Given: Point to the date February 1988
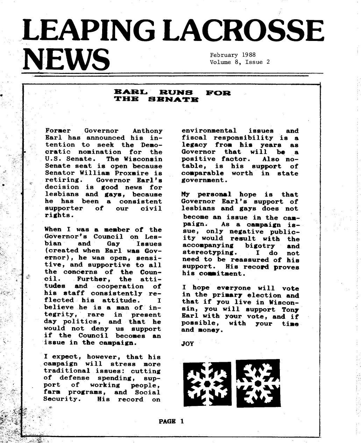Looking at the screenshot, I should [233, 55].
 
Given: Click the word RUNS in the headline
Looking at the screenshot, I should [176, 92].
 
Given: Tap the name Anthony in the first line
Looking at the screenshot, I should [148, 131].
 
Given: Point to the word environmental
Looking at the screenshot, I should [209, 131].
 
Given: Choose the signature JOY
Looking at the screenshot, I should [188, 344].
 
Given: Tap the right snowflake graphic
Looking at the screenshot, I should [259, 383].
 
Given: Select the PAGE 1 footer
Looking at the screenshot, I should [171, 421].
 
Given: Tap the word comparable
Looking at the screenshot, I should [203, 173].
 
